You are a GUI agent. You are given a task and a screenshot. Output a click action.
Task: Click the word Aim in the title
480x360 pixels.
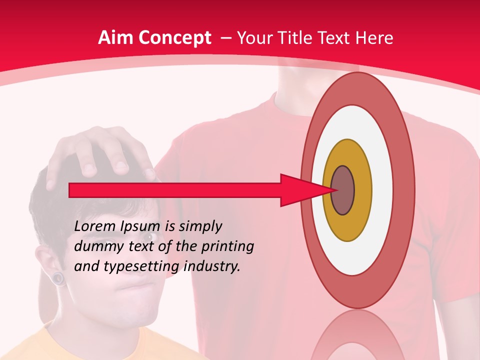click(114, 38)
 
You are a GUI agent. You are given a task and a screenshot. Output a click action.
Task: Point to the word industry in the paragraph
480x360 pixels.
click(212, 266)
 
